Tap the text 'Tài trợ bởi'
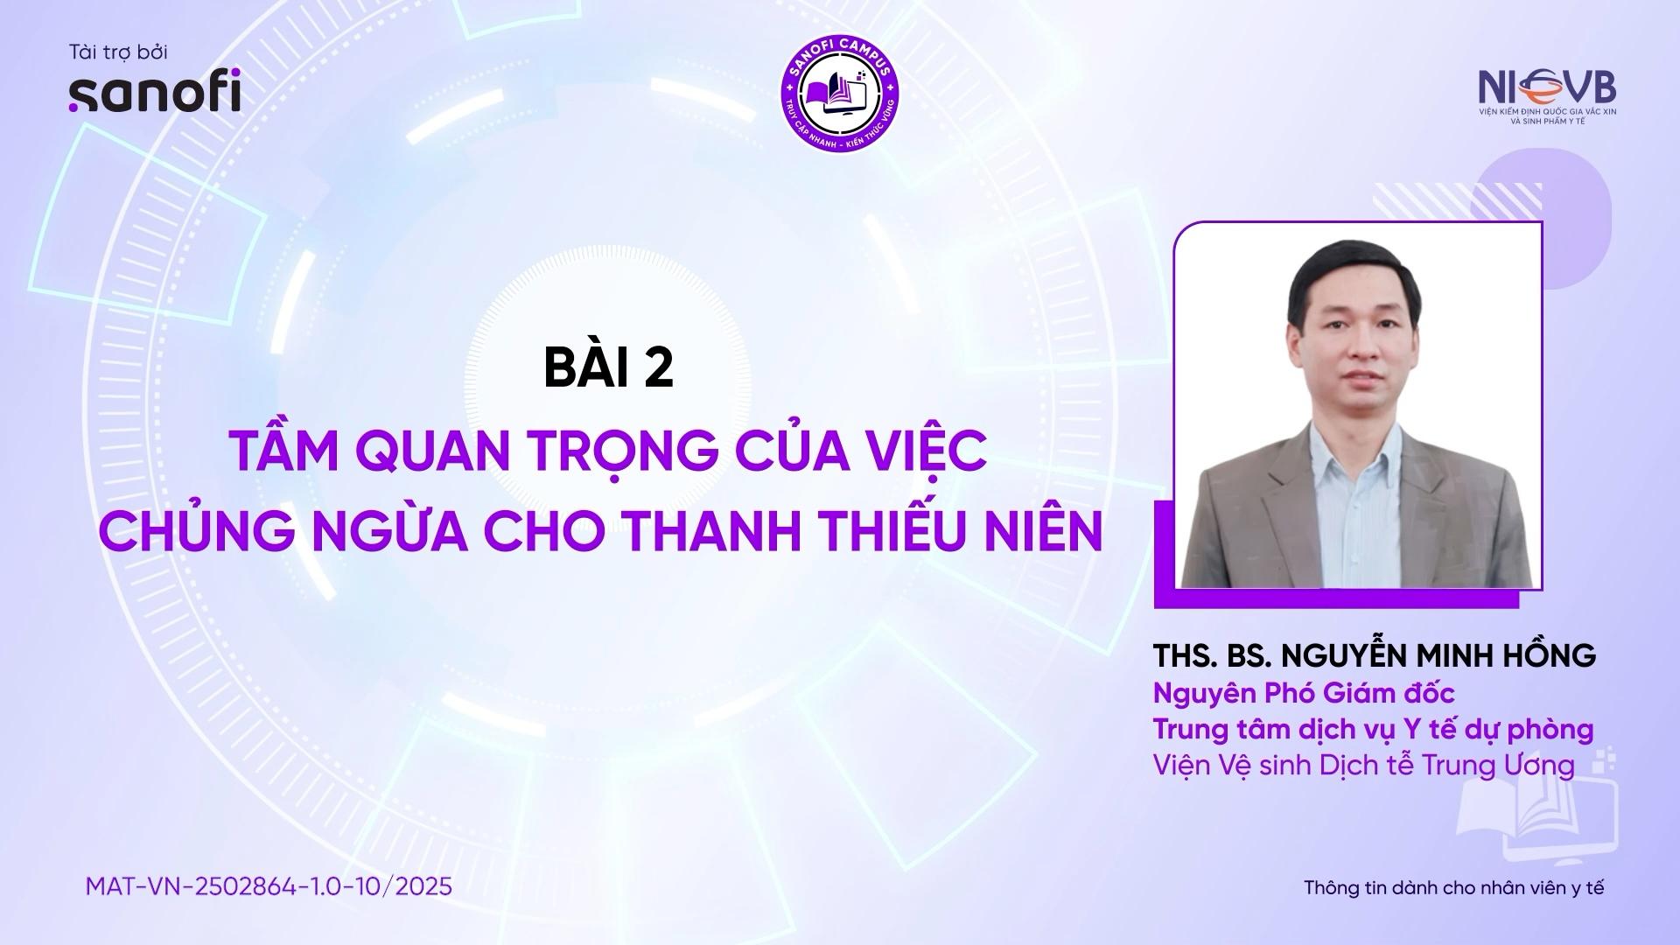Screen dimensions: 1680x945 tap(118, 52)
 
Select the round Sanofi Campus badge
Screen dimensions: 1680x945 tap(839, 92)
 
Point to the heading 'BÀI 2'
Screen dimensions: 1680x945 tap(609, 367)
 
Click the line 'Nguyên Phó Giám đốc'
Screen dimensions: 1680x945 tap(1304, 693)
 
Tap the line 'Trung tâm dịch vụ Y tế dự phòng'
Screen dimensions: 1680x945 tap(1373, 729)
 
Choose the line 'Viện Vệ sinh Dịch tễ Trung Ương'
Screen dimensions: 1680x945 tap(1364, 765)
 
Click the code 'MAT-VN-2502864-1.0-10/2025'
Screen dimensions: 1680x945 tap(269, 886)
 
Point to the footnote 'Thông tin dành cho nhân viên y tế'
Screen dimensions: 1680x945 tap(1454, 887)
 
